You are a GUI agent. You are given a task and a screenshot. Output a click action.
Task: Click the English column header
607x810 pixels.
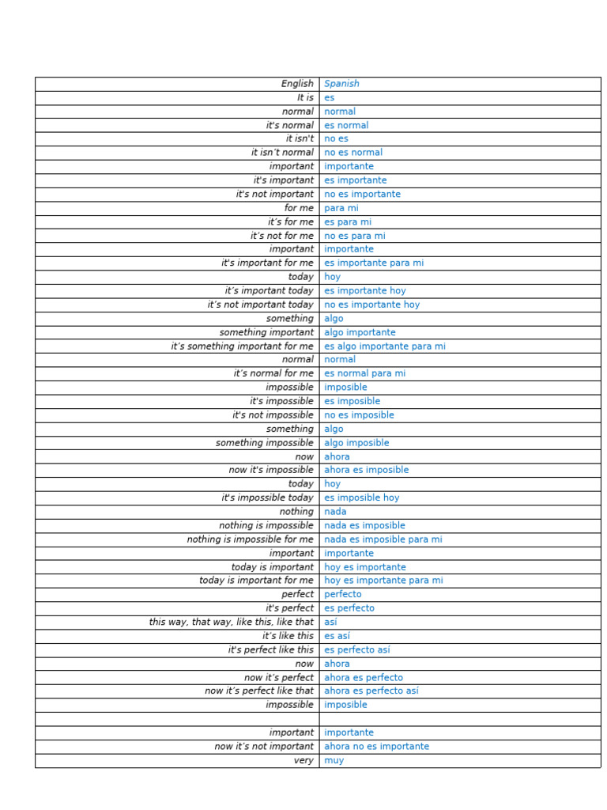[x=297, y=84]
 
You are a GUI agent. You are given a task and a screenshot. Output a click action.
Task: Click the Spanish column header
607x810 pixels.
[x=341, y=84]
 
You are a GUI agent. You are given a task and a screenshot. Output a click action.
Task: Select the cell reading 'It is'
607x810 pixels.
[x=305, y=98]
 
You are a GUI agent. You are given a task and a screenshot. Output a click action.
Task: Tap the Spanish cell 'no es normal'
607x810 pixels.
[x=353, y=153]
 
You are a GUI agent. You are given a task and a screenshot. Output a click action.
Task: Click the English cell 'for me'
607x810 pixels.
[x=299, y=208]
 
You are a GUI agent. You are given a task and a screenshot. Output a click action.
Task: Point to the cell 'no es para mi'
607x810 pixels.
[x=355, y=236]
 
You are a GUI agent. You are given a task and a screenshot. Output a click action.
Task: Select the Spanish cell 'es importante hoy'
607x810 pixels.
[x=365, y=291]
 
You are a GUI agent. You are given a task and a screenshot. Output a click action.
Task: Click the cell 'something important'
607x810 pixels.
[x=266, y=332]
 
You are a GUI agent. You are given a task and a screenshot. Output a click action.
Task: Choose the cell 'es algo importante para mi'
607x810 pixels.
[x=385, y=346]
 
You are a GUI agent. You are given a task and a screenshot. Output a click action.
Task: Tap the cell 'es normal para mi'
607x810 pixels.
[x=365, y=373]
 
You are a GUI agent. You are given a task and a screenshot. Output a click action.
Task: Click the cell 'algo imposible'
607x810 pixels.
[x=356, y=443]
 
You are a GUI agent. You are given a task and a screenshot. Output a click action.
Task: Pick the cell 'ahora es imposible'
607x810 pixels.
[x=367, y=470]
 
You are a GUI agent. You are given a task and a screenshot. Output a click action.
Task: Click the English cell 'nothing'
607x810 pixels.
[x=296, y=512]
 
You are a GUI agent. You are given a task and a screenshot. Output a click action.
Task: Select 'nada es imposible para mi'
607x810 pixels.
[x=383, y=539]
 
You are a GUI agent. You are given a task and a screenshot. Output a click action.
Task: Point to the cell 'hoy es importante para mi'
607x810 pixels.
[x=383, y=581]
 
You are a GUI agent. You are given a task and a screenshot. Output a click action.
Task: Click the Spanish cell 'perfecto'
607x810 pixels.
[x=343, y=594]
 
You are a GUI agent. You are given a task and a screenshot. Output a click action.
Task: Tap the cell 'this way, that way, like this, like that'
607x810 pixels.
[x=232, y=622]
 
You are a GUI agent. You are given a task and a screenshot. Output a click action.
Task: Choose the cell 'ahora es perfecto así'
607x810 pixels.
[x=371, y=691]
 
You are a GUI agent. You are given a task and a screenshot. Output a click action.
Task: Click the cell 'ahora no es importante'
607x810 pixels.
[x=377, y=746]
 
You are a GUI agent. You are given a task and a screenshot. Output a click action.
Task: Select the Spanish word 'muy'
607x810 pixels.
[x=334, y=760]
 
